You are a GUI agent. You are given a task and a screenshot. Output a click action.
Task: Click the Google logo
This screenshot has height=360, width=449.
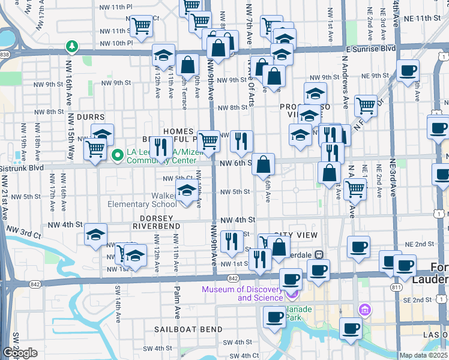(20, 353)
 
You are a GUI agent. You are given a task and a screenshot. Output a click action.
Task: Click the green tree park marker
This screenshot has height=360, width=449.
(71, 46)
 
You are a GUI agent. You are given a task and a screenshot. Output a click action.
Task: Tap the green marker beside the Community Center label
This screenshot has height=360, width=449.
(118, 156)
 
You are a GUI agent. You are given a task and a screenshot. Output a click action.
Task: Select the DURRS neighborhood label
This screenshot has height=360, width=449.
(91, 117)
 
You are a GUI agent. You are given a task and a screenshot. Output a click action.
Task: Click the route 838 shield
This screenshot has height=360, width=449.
(5, 55)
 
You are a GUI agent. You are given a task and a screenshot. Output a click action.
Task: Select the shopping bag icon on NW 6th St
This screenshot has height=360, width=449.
(263, 164)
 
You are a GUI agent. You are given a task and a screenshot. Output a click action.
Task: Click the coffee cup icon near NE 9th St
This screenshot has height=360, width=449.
(408, 70)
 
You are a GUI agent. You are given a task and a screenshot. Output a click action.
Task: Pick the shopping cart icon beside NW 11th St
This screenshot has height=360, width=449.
(140, 27)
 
